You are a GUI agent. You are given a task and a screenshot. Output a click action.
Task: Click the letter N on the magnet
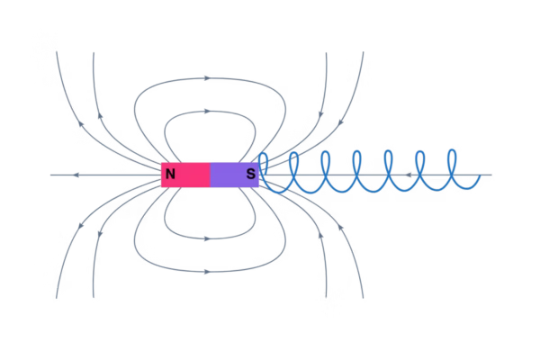(x=170, y=174)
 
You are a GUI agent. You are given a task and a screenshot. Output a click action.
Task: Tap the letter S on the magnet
(x=251, y=174)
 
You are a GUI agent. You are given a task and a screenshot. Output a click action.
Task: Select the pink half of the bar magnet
(x=186, y=175)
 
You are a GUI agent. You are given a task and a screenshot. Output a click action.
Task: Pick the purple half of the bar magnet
(x=235, y=175)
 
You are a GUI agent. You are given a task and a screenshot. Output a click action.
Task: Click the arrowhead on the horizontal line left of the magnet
(x=76, y=175)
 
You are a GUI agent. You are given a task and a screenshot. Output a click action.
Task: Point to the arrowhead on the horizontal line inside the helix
(x=408, y=175)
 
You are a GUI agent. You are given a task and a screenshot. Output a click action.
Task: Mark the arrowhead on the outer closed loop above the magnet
(x=207, y=78)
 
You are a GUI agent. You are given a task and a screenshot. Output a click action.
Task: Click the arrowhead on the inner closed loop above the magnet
(x=207, y=112)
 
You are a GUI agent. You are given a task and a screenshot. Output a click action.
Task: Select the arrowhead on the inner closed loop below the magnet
(x=207, y=238)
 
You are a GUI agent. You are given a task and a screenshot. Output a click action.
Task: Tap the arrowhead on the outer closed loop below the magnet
(x=207, y=272)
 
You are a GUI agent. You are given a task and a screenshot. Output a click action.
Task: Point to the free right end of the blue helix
(x=480, y=175)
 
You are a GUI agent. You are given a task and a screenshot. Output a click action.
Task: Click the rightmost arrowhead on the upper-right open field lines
(x=340, y=122)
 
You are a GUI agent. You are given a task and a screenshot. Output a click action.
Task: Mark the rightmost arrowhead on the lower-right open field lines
(x=340, y=228)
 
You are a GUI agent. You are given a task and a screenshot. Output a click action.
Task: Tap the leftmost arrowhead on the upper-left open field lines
(x=81, y=123)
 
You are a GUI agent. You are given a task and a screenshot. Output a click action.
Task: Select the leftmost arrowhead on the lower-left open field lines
(x=81, y=226)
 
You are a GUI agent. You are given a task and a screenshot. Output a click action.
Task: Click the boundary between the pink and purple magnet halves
(x=211, y=175)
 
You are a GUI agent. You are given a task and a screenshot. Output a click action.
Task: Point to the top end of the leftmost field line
(x=57, y=52)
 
